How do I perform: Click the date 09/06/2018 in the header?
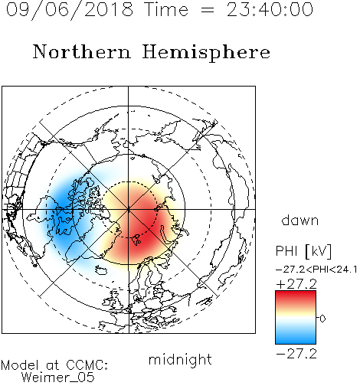70,9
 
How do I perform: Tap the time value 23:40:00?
270,9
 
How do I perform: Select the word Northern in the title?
82,51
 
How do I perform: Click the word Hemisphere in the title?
206,52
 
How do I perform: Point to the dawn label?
300,220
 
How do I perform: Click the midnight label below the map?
180,359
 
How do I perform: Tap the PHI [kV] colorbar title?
304,251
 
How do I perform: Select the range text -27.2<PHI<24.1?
316,270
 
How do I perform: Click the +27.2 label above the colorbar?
296,284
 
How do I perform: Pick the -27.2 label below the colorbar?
296,354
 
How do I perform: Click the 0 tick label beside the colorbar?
322,319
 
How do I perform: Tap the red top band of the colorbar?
296,296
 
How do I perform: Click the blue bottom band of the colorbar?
296,339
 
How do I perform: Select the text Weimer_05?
58,378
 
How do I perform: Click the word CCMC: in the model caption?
87,365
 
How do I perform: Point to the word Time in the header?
166,9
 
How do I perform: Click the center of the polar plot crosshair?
129,209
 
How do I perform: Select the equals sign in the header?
208,10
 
